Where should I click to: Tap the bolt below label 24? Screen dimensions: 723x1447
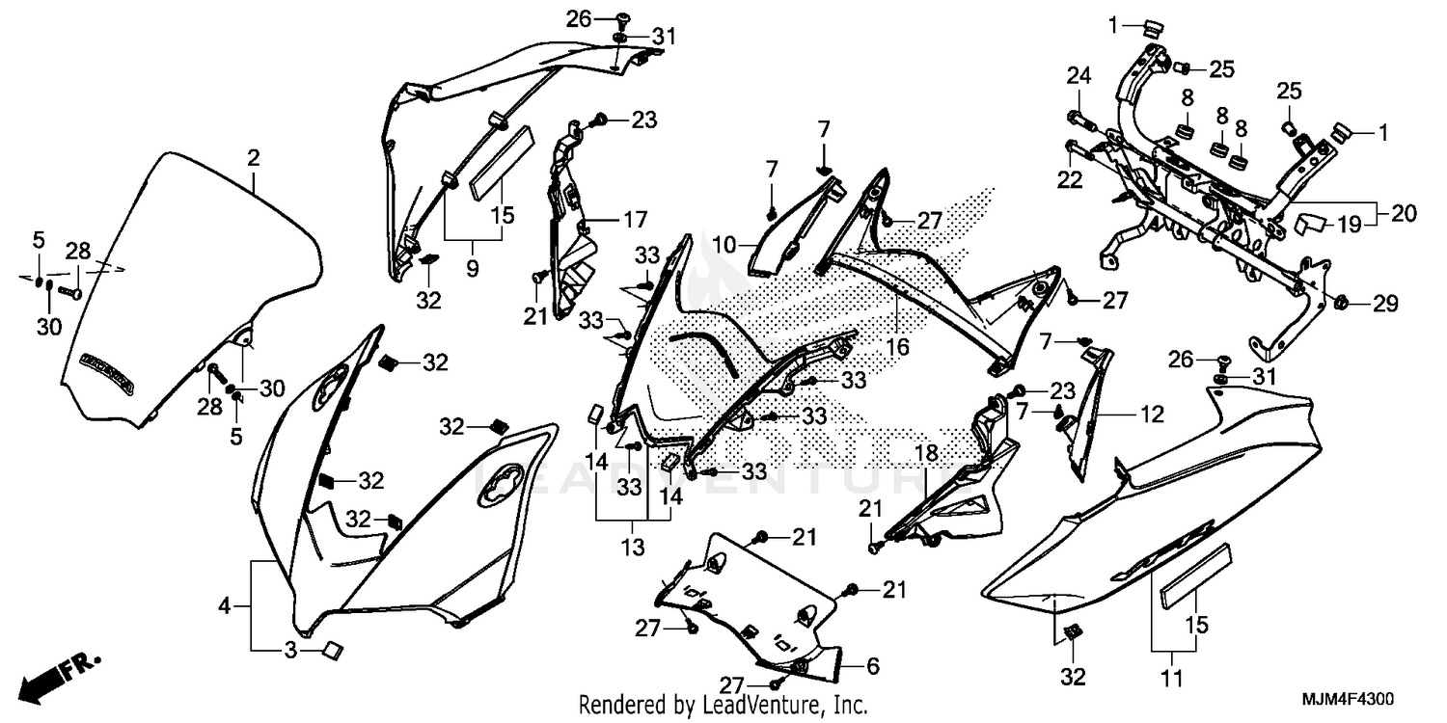[1078, 120]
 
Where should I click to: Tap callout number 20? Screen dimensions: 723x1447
[1404, 214]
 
